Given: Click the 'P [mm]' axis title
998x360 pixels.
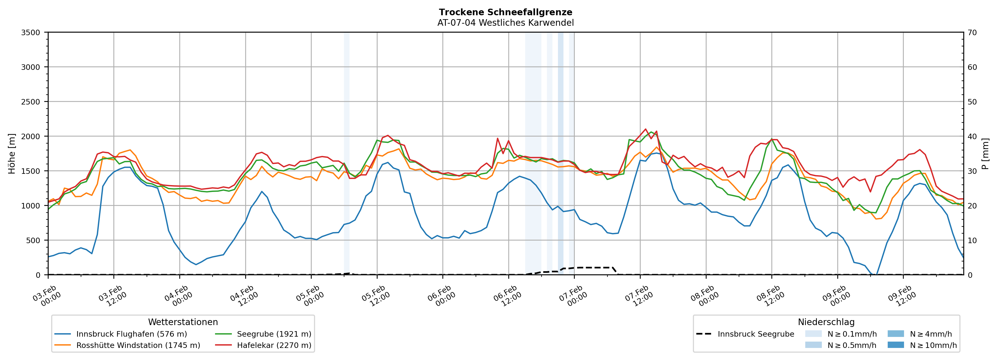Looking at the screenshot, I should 985,153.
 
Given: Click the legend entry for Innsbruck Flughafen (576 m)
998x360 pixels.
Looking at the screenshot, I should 131,334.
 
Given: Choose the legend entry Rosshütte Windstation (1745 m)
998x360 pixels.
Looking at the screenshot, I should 138,345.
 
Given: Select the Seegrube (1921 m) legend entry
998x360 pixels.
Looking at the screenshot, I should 274,334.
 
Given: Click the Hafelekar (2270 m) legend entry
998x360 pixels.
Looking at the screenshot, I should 274,345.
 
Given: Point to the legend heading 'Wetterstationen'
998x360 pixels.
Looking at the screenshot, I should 183,322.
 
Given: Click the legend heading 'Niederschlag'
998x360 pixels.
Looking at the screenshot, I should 826,322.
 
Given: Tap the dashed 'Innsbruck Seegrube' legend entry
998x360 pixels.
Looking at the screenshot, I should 755,334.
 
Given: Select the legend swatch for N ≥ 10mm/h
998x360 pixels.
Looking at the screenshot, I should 895,345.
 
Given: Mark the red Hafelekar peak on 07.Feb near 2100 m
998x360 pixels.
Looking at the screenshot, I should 645,129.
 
